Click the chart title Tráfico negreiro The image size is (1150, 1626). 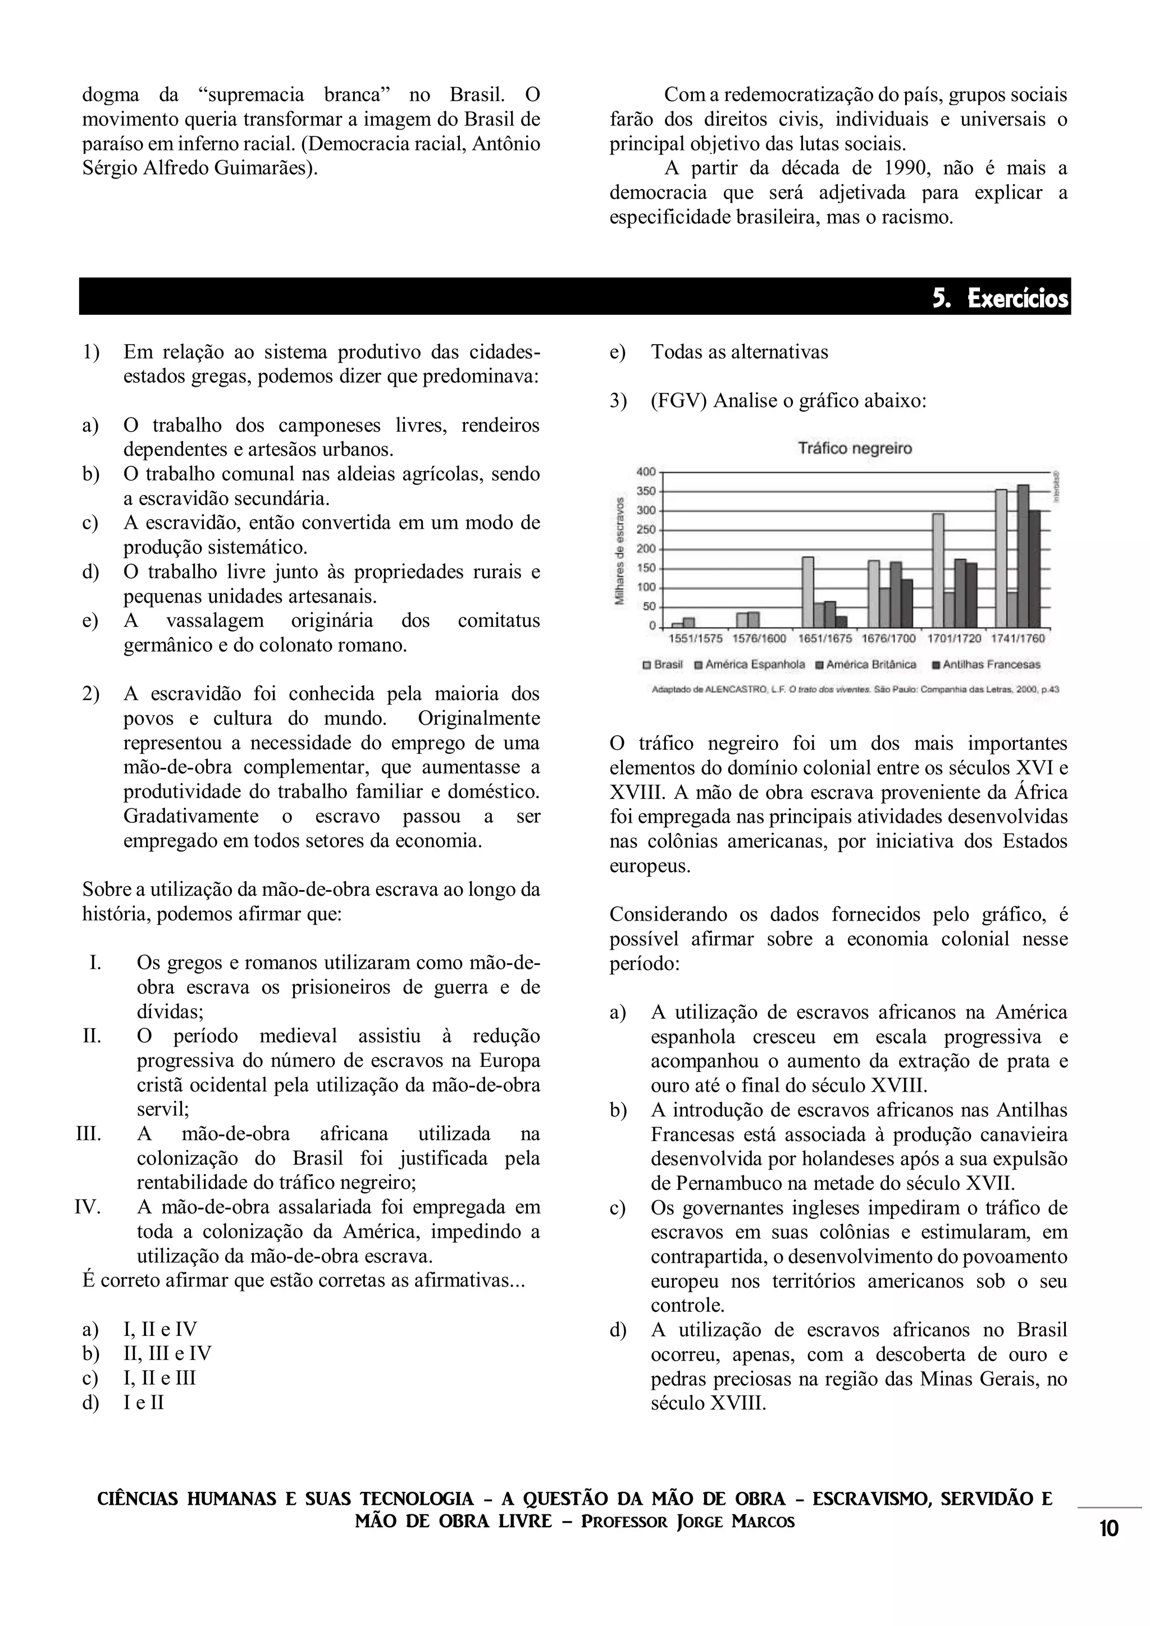[x=855, y=448]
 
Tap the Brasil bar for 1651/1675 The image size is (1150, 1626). [x=808, y=592]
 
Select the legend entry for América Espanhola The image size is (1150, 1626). [x=754, y=665]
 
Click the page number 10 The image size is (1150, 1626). [x=1109, y=1529]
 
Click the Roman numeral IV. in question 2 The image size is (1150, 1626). [x=88, y=1207]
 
